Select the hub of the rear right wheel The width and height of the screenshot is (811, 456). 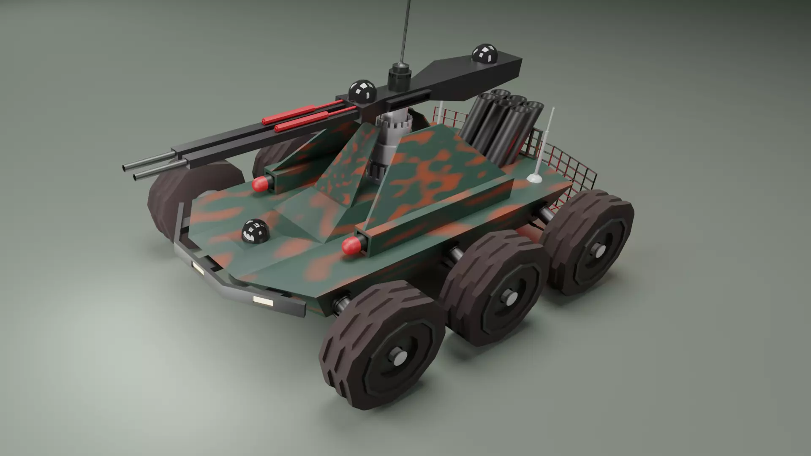coord(599,251)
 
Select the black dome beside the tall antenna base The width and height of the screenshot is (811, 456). coord(362,91)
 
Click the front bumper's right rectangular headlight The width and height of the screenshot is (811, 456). coord(263,301)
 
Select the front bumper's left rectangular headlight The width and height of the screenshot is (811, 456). coord(197,268)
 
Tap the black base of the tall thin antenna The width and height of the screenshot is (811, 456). coord(399,76)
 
